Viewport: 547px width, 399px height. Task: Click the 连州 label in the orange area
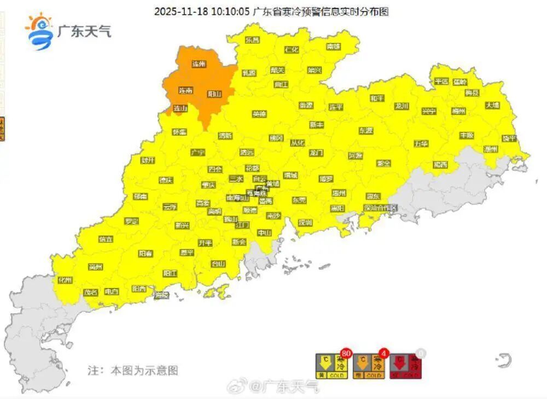tap(199, 64)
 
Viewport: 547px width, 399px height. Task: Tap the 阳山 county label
tap(214, 94)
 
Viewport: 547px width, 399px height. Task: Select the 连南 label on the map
tap(186, 91)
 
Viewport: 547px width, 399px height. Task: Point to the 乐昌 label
tap(252, 40)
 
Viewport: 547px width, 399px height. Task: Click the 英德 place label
tap(259, 114)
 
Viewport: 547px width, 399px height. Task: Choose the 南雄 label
tap(334, 47)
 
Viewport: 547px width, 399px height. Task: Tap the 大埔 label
tap(492, 105)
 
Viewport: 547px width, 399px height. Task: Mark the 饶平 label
tap(509, 138)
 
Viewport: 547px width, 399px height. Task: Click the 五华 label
tap(421, 143)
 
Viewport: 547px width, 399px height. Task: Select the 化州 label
tap(66, 280)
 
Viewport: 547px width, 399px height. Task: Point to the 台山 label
tap(218, 264)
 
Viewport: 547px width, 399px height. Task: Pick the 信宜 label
tap(106, 239)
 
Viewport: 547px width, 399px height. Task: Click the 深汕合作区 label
tap(380, 208)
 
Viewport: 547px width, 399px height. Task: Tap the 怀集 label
tap(179, 132)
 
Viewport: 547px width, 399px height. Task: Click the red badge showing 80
tap(345, 353)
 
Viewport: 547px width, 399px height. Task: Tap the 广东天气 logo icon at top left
tap(39, 32)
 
